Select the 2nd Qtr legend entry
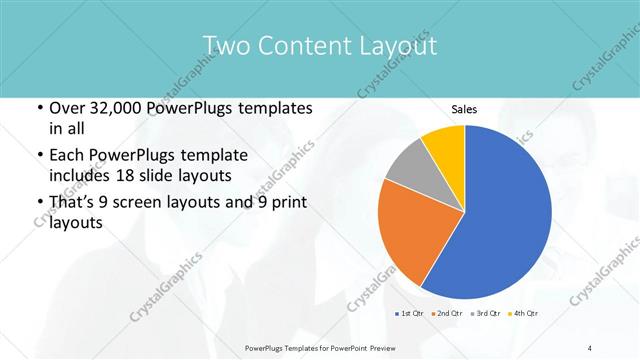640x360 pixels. (445, 315)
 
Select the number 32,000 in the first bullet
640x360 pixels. (111, 108)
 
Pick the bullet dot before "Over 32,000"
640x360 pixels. (39, 108)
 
